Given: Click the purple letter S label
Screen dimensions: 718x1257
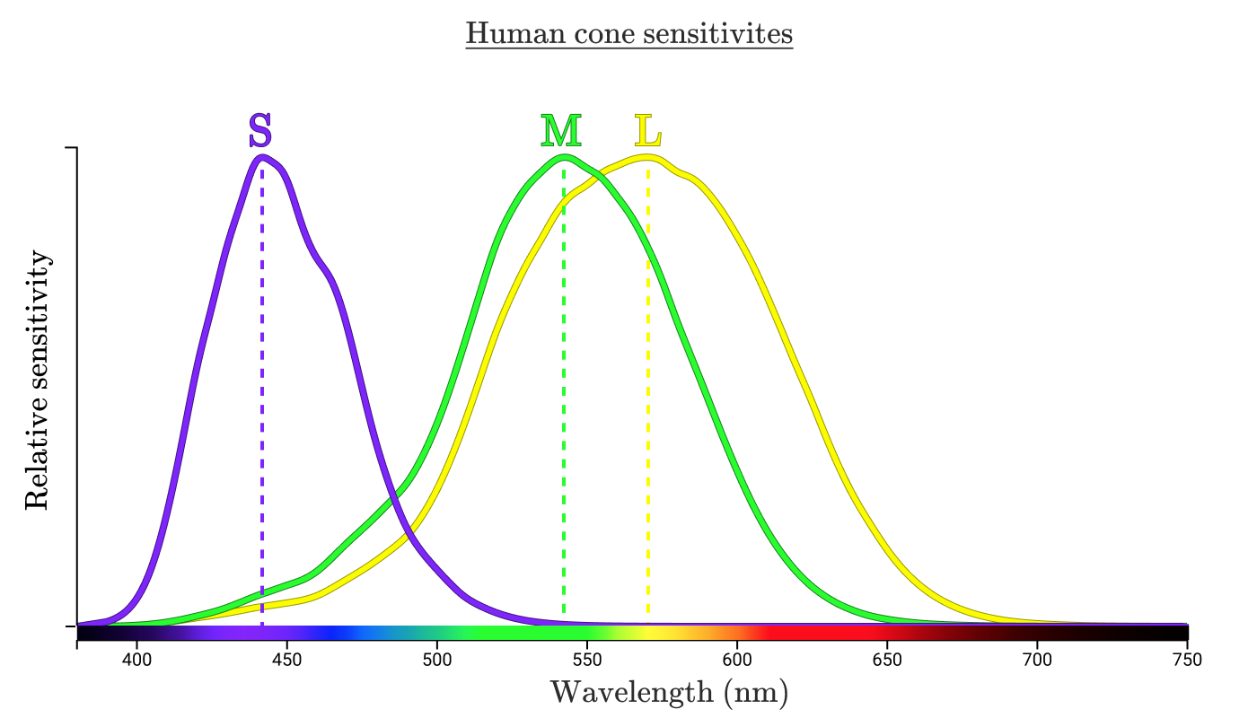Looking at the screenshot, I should click(259, 131).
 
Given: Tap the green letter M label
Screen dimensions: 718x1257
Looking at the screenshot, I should click(561, 131).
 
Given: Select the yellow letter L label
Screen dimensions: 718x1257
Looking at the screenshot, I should click(647, 131).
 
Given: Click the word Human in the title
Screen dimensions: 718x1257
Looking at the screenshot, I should click(510, 34).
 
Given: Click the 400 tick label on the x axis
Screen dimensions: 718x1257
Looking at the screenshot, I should click(136, 657).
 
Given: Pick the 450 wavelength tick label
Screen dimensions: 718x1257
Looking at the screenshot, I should click(286, 657).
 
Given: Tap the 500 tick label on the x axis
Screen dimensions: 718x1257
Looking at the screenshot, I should click(436, 657).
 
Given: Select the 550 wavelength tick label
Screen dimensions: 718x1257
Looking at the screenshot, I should click(587, 657).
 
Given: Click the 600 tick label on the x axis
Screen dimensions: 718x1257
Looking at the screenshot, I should click(737, 657).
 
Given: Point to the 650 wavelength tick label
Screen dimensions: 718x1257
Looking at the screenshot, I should click(887, 657).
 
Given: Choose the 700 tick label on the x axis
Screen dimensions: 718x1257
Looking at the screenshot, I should click(1037, 657).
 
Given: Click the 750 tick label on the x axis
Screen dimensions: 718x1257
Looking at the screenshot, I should click(1187, 657).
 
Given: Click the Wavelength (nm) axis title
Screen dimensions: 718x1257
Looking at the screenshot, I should click(669, 692).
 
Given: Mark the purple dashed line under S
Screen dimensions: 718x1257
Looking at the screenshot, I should click(262, 404).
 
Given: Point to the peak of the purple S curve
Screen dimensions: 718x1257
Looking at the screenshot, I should click(262, 157).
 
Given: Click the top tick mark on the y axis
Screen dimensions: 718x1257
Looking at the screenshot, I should click(71, 147).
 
